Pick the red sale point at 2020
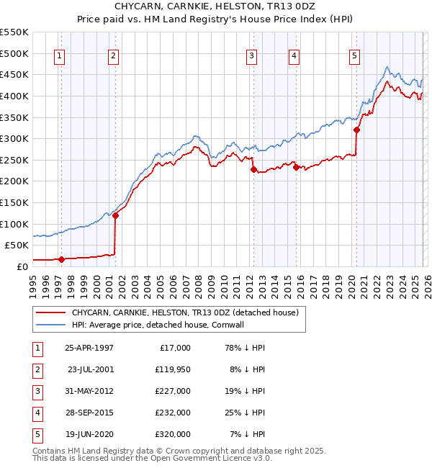pyautogui.click(x=356, y=130)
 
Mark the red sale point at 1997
pyautogui.click(x=61, y=259)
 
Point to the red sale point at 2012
pyautogui.click(x=253, y=170)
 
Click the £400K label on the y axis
pyautogui.click(x=14, y=96)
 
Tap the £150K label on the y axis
pyautogui.click(x=14, y=202)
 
